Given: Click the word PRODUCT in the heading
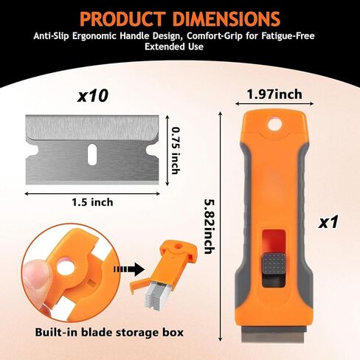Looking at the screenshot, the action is click(x=122, y=18).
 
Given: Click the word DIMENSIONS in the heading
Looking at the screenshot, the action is click(x=226, y=18).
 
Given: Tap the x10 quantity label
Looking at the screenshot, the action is click(x=92, y=96).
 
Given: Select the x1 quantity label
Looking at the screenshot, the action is click(x=328, y=222).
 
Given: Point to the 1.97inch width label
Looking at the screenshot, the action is click(x=274, y=94).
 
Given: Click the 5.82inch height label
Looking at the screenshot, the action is click(x=210, y=226).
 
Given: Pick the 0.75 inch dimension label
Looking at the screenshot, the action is click(x=176, y=150).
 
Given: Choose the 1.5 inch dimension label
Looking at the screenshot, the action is click(x=92, y=202).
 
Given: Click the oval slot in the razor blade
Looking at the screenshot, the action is click(x=92, y=154).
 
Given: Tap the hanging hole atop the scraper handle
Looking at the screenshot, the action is click(x=274, y=125).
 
